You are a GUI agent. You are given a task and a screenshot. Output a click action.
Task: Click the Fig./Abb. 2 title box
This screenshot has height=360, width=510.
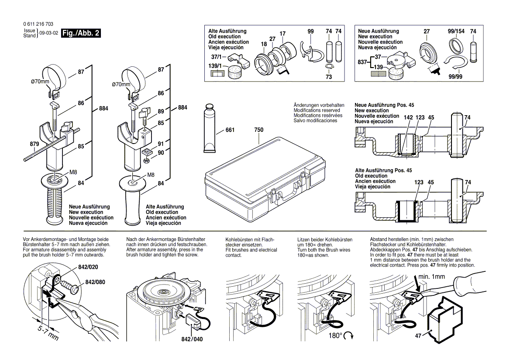(81, 34)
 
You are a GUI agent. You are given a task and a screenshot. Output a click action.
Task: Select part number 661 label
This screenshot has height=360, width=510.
(230, 130)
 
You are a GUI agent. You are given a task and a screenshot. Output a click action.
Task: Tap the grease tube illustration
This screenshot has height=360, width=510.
(209, 128)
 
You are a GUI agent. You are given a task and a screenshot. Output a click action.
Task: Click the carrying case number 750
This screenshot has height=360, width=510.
(258, 130)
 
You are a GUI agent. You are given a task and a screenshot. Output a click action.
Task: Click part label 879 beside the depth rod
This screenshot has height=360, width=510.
(34, 144)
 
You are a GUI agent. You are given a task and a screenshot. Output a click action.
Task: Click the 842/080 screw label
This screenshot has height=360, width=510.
(95, 282)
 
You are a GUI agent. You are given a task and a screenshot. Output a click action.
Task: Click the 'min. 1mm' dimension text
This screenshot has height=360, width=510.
(431, 276)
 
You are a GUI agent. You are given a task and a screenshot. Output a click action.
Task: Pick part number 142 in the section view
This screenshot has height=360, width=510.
(408, 118)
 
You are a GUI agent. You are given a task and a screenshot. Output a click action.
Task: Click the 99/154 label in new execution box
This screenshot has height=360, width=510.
(456, 31)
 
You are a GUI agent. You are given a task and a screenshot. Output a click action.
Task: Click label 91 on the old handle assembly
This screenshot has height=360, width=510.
(161, 144)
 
